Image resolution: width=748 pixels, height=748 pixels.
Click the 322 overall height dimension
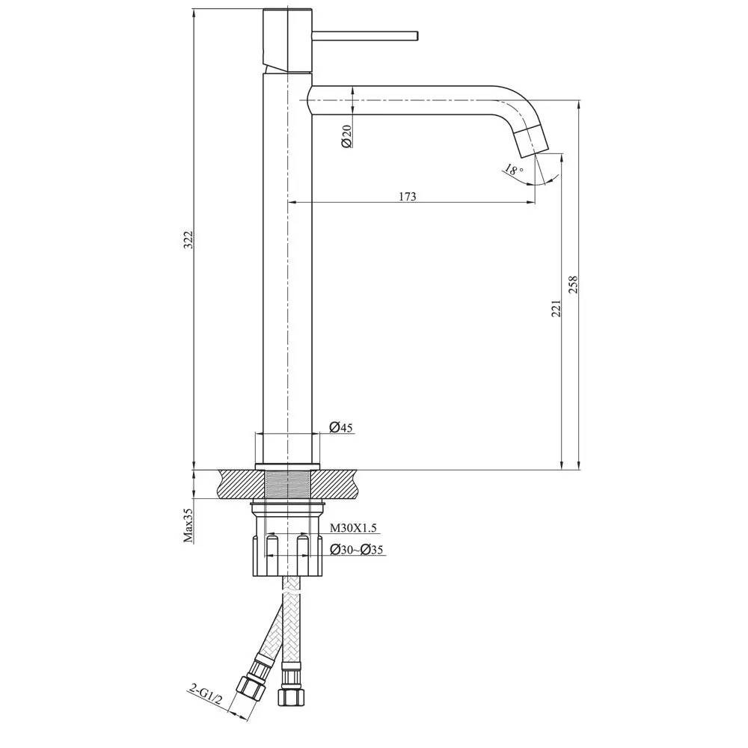189,239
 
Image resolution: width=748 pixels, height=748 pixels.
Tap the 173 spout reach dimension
407,197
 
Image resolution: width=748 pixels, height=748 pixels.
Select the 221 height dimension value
556,308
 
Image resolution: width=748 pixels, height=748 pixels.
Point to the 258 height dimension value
574,286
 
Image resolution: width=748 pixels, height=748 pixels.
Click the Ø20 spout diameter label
346,136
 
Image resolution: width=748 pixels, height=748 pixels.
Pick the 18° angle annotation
512,171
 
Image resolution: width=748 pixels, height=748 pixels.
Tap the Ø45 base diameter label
341,428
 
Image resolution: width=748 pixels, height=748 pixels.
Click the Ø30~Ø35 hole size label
358,551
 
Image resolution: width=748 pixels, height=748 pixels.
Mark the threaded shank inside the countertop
288,484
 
